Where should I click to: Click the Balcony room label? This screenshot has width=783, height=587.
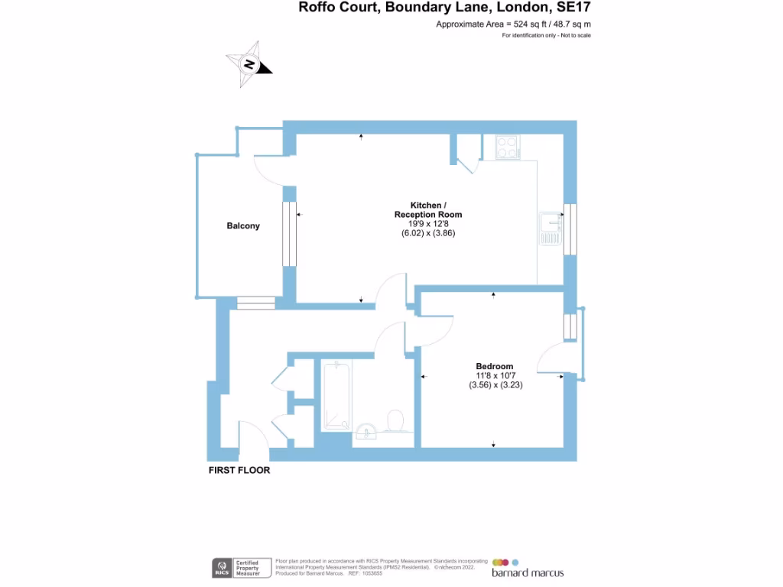(243, 225)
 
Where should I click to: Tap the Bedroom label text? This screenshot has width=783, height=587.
(494, 366)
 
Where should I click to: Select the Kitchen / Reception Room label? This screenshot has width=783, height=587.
(427, 210)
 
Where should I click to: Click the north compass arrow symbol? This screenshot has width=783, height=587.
(249, 64)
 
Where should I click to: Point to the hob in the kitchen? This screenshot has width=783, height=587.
(506, 147)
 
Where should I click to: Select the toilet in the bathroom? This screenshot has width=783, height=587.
(395, 420)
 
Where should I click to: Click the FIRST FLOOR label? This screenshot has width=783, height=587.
(239, 471)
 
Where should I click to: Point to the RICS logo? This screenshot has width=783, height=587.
(222, 568)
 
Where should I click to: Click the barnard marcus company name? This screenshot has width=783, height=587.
(528, 573)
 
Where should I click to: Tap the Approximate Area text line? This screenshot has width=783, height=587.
(513, 24)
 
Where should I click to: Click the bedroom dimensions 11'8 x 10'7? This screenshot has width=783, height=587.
(495, 375)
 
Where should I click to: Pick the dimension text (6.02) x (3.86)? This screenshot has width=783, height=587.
(428, 233)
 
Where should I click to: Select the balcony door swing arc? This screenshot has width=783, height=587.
(269, 170)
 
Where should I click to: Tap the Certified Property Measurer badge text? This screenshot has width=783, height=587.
(247, 567)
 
